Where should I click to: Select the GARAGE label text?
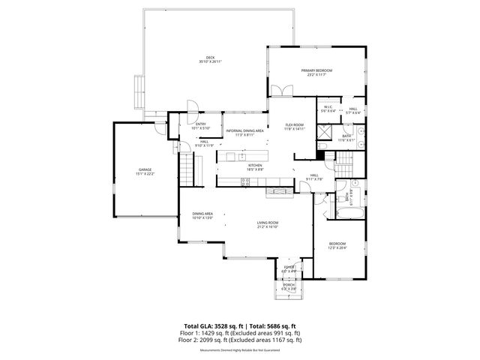click(145, 169)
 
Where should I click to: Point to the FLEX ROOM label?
click(294, 124)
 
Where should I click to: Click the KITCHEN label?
click(254, 165)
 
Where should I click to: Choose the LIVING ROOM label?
click(268, 223)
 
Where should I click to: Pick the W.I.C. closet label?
click(328, 108)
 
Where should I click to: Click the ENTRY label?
click(201, 124)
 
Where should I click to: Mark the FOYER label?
click(288, 267)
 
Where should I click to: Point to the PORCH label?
click(288, 286)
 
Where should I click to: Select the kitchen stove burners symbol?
click(245, 181)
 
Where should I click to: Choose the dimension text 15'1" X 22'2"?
click(145, 174)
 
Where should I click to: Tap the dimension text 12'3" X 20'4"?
click(337, 248)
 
